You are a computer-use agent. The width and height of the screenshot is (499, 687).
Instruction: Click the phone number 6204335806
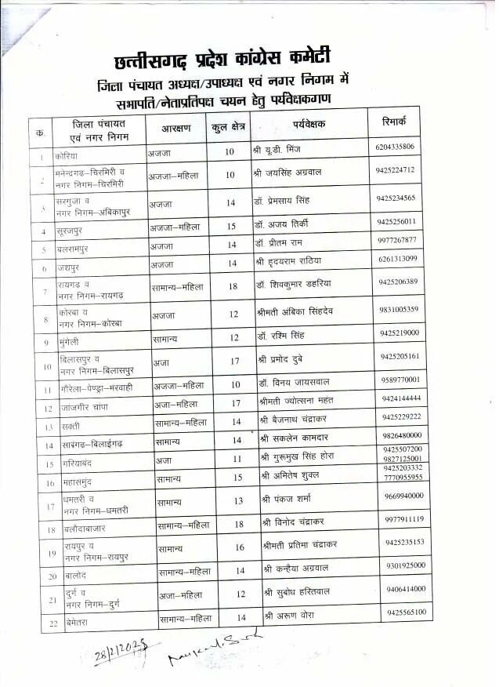396,147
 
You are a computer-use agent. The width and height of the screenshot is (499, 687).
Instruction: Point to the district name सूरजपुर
74,231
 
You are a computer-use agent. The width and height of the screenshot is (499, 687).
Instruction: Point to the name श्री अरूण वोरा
291,616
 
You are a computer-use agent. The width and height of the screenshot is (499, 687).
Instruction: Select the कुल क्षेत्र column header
227,126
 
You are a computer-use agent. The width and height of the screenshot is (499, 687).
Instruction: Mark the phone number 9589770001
400,380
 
